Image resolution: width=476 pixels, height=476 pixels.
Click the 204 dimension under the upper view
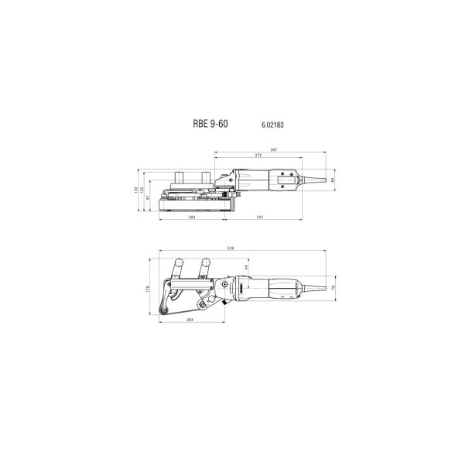191,218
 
